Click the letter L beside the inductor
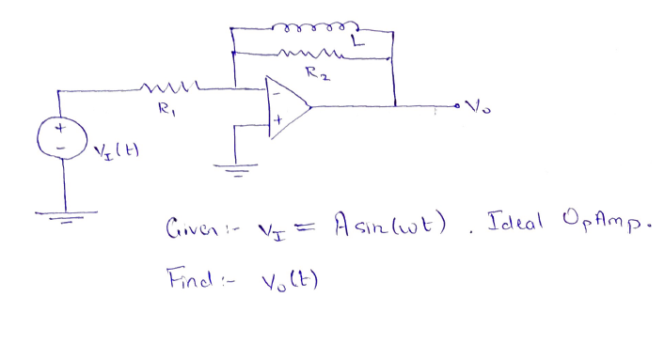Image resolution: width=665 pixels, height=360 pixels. [355, 41]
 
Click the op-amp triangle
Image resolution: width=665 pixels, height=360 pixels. [288, 107]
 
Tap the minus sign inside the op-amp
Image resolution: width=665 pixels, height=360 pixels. [277, 93]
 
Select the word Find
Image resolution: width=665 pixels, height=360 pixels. [188, 278]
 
